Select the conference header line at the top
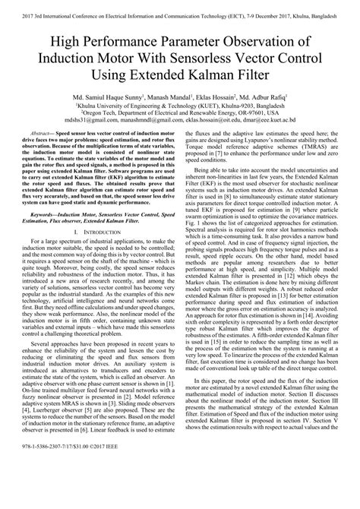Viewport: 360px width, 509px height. [x=180, y=8]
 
